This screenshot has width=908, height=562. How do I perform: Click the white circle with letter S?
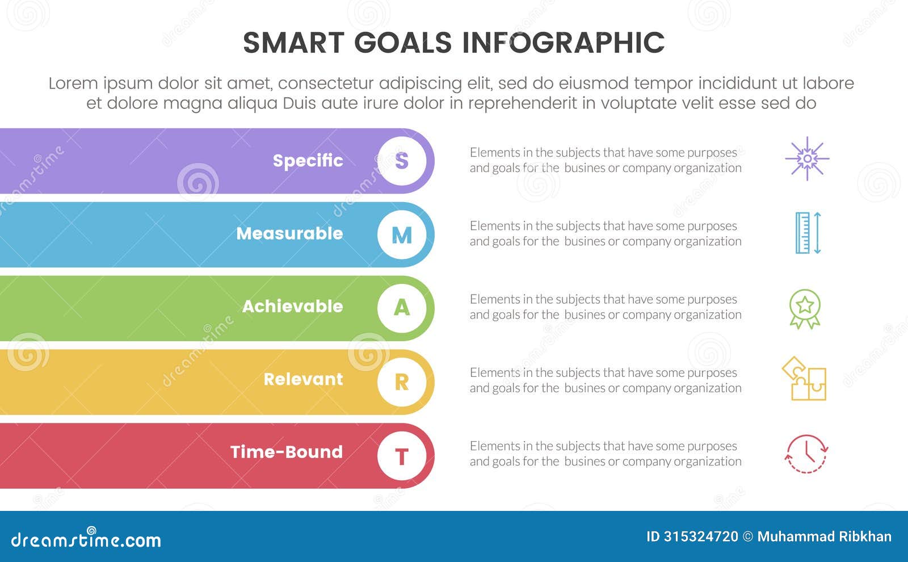[402, 161]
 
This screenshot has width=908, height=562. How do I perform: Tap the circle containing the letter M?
[402, 234]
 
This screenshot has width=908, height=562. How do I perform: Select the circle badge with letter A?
[402, 308]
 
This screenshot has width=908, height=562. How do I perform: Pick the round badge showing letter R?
[402, 381]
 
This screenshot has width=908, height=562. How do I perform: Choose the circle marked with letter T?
[402, 455]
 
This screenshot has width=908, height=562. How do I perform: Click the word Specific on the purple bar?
[308, 161]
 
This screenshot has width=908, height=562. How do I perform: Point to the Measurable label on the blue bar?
[289, 233]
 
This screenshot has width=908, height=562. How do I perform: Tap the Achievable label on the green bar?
[292, 307]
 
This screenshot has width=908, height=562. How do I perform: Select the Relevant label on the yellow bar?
[303, 379]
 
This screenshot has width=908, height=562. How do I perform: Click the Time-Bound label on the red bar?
[287, 452]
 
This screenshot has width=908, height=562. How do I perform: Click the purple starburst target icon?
[807, 159]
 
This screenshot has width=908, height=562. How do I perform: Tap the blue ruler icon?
[808, 233]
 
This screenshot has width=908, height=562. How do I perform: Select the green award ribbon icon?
[805, 308]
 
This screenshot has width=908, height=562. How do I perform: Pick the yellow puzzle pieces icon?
[805, 379]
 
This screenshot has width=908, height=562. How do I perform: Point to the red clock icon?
[806, 454]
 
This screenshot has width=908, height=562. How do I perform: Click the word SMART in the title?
[293, 43]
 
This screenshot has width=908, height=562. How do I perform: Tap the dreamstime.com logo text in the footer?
[86, 539]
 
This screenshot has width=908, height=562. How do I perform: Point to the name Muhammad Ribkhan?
[824, 536]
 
